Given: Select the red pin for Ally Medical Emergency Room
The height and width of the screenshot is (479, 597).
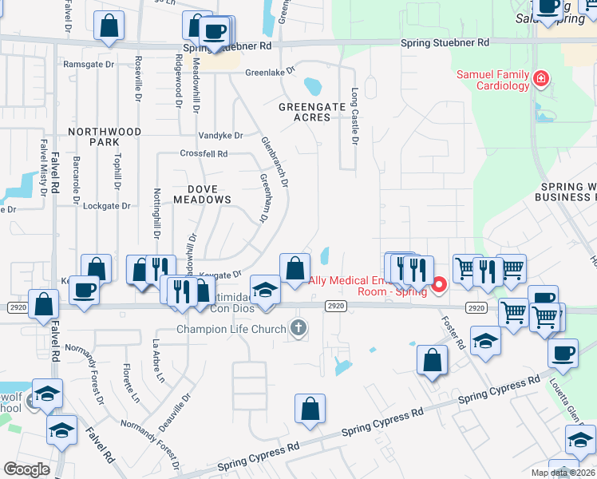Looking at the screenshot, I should [x=439, y=285].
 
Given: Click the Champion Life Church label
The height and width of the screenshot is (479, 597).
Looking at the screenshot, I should [x=231, y=329].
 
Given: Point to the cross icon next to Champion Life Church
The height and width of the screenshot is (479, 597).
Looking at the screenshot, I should [x=298, y=327].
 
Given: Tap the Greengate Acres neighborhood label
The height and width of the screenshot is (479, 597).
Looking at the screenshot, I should [x=304, y=112].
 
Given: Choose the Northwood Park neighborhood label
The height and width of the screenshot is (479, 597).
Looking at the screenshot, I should [x=105, y=137].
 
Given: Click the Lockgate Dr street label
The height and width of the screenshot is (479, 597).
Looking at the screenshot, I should [x=106, y=205].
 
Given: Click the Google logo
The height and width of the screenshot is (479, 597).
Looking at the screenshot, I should [x=26, y=469].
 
